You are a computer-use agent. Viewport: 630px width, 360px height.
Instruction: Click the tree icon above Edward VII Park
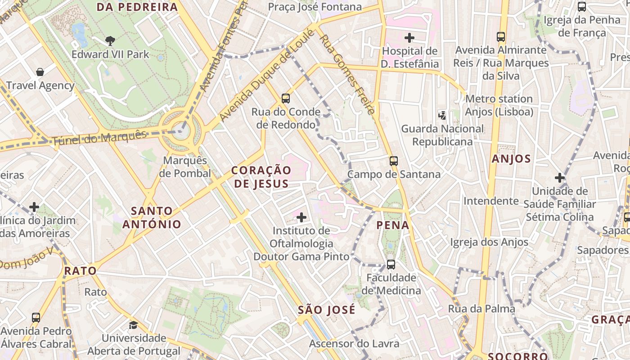pyautogui.click(x=110, y=41)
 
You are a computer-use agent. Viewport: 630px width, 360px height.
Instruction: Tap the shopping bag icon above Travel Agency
pyautogui.click(x=40, y=72)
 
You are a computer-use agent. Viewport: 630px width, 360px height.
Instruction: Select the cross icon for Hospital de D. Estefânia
pyautogui.click(x=409, y=37)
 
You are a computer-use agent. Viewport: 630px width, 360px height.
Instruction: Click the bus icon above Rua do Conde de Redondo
pyautogui.click(x=285, y=99)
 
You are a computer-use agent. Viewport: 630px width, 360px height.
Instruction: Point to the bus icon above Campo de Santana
pyautogui.click(x=394, y=161)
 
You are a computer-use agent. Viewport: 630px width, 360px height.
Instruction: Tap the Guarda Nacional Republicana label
pyautogui.click(x=442, y=135)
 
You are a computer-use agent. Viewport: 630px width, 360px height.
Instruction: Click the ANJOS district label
pyautogui.click(x=511, y=158)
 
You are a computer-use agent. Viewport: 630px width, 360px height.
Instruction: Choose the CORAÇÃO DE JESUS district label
pyautogui.click(x=261, y=177)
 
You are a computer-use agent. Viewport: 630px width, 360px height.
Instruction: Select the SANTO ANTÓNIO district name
pyautogui.click(x=152, y=217)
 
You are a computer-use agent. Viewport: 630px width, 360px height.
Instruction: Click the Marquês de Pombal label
pyautogui.click(x=185, y=167)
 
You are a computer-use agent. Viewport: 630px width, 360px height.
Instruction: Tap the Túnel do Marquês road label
pyautogui.click(x=99, y=138)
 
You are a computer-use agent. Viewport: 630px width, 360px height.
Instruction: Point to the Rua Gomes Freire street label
pyautogui.click(x=347, y=74)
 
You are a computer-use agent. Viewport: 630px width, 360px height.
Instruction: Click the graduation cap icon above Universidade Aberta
pyautogui.click(x=133, y=325)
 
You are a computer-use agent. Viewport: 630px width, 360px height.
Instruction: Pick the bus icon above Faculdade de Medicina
pyautogui.click(x=391, y=264)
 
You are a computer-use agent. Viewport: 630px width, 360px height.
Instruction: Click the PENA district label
pyautogui.click(x=393, y=225)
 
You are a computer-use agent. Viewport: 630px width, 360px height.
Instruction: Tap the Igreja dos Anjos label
pyautogui.click(x=489, y=242)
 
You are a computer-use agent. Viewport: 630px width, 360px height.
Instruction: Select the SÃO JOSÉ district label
pyautogui.click(x=327, y=310)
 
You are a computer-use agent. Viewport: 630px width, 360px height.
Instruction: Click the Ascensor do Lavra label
pyautogui.click(x=354, y=344)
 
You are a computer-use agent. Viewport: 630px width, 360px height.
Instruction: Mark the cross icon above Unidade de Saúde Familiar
pyautogui.click(x=559, y=178)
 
